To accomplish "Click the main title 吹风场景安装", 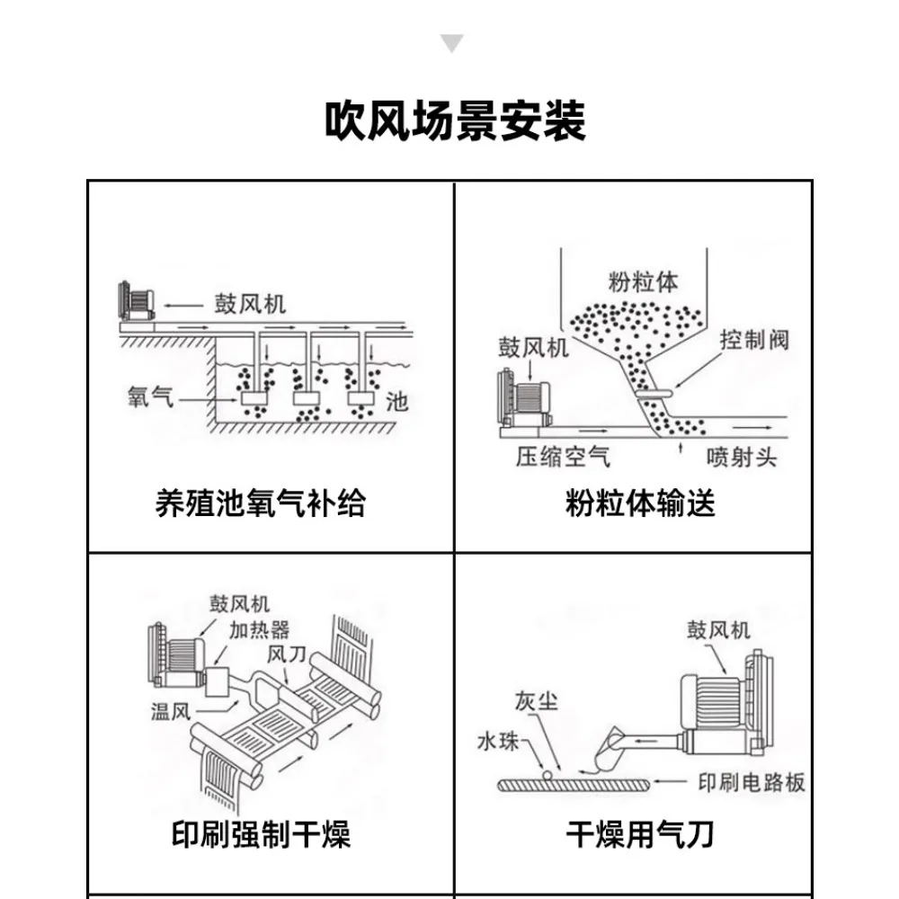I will pyautogui.click(x=455, y=121).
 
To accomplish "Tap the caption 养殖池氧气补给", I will pyautogui.click(x=260, y=503).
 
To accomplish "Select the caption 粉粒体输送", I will pyautogui.click(x=640, y=503).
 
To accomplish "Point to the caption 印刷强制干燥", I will pyautogui.click(x=261, y=835).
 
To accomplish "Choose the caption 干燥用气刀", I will pyautogui.click(x=640, y=835).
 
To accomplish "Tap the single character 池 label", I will pyautogui.click(x=396, y=401).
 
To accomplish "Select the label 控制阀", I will pyautogui.click(x=755, y=341).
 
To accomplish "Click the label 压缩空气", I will pyautogui.click(x=563, y=458).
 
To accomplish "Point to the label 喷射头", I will pyautogui.click(x=742, y=458).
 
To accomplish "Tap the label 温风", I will pyautogui.click(x=171, y=714).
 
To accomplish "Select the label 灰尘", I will pyautogui.click(x=537, y=699).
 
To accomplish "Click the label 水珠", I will pyautogui.click(x=498, y=743).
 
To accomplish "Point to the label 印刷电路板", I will pyautogui.click(x=752, y=783).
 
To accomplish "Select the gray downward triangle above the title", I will pyautogui.click(x=452, y=43).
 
